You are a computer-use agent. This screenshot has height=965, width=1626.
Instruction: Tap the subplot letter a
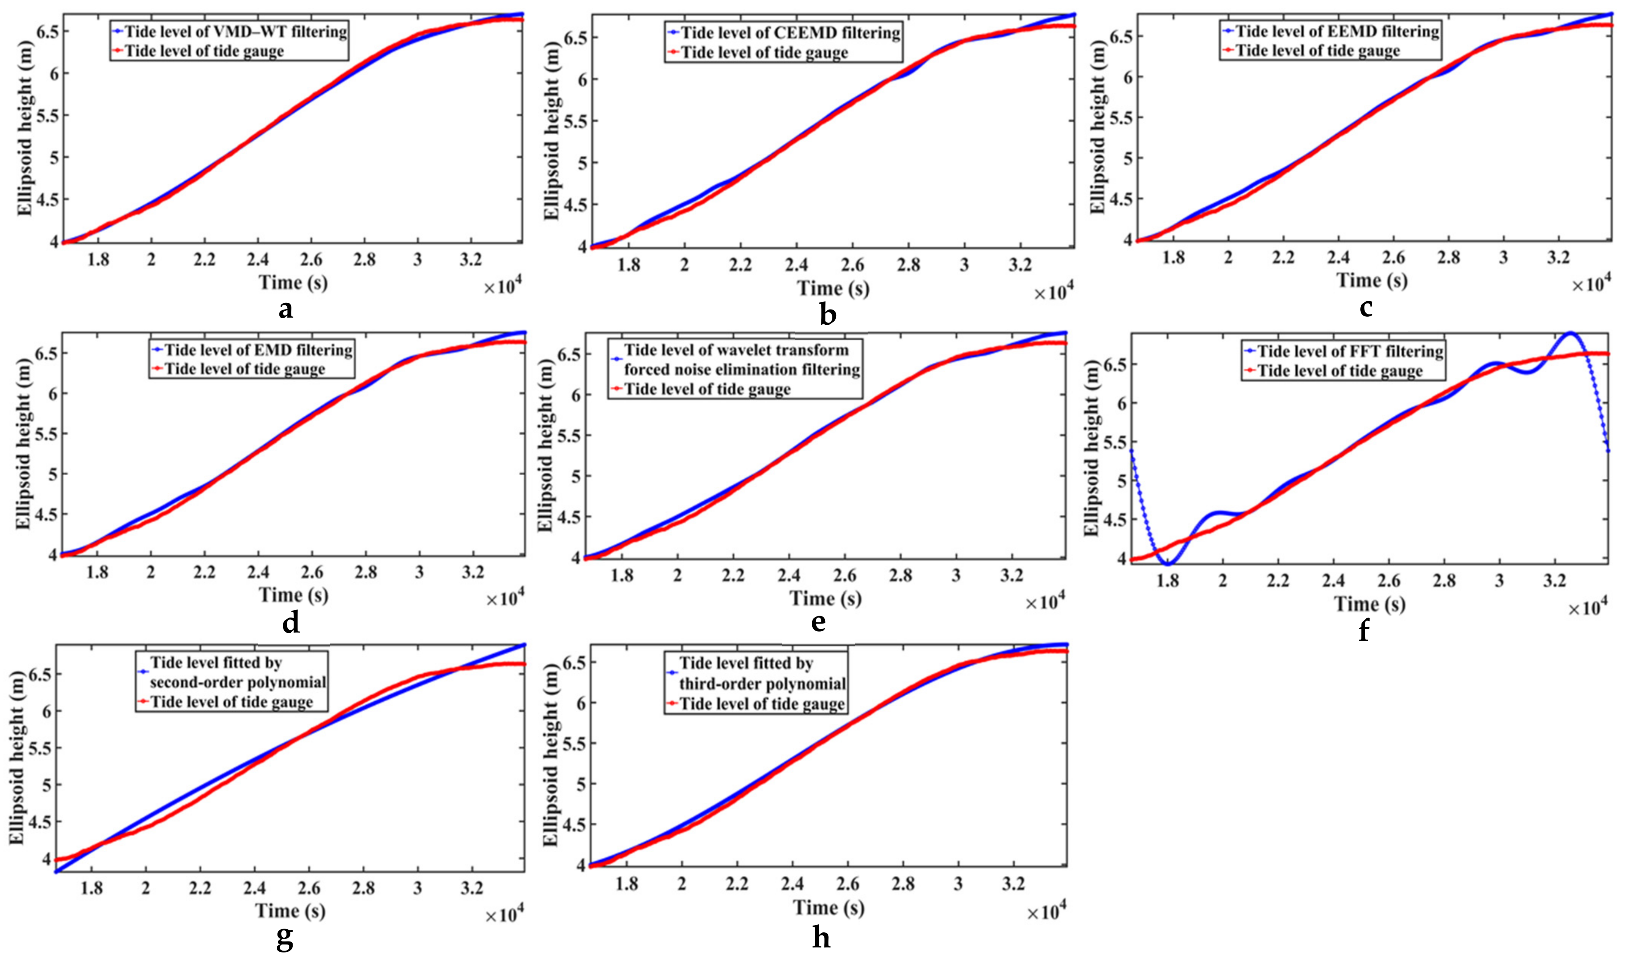(x=285, y=310)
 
